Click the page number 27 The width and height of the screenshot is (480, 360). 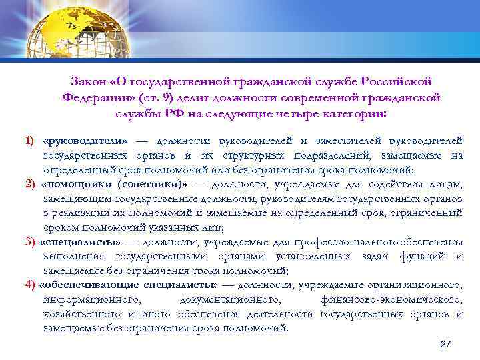coord(446,343)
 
